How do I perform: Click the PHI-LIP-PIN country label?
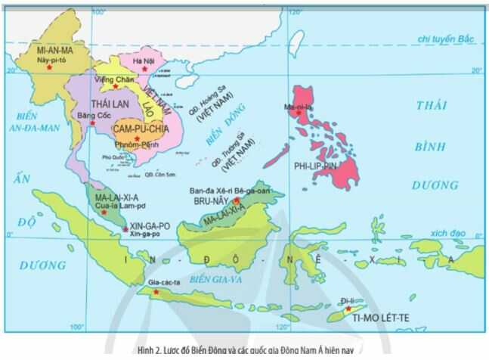click(x=317, y=163)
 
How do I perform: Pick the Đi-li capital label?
click(x=345, y=299)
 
